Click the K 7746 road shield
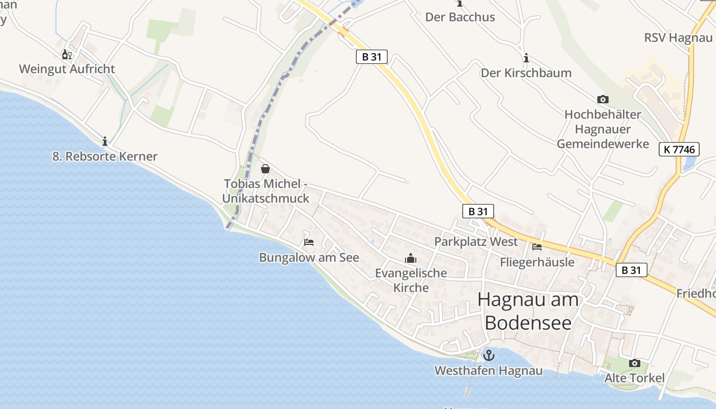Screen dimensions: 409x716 tap(679, 149)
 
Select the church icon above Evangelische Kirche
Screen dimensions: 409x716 tap(410, 259)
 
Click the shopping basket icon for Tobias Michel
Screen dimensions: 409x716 tap(265, 168)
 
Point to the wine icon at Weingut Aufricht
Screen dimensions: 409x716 tap(66, 54)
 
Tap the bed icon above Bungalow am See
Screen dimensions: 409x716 tap(308, 242)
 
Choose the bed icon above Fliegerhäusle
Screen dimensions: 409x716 tap(536, 247)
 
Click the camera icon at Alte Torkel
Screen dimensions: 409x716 tap(634, 363)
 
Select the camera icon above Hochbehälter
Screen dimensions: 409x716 tap(602, 99)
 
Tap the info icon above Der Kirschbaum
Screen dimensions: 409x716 tap(526, 58)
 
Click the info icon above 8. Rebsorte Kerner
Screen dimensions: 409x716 tap(105, 141)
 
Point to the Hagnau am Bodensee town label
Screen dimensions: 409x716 tap(528, 311)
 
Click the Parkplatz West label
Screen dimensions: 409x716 tap(476, 241)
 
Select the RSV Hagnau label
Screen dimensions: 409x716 tap(678, 37)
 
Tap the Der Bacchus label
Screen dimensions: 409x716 tap(460, 17)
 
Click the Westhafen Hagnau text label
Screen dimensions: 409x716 tap(488, 371)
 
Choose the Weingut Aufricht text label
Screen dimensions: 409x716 tap(67, 69)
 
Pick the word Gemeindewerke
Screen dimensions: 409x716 tap(602, 144)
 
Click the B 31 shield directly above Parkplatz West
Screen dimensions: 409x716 tap(478, 211)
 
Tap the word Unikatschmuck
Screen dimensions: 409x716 tap(265, 198)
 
